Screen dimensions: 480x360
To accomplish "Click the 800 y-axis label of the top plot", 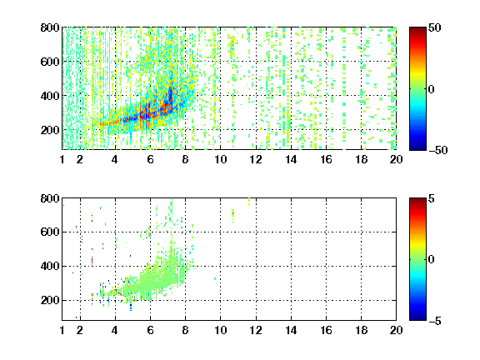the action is tap(50, 27).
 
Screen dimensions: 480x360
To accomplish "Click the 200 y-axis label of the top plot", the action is tap(50, 130).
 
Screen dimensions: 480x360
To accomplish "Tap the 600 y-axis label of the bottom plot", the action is tap(50, 232).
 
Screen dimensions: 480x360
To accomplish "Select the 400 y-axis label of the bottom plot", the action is tap(50, 266).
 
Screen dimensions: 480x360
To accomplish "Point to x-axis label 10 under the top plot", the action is tap(220, 159).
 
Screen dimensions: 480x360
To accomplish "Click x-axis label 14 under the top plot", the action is tap(291, 159).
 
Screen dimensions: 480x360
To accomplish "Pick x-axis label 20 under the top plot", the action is tap(396, 159).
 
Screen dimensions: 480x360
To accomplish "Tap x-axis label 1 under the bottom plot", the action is tap(62, 330).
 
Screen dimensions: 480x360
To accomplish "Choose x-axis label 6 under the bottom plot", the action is tap(150, 330).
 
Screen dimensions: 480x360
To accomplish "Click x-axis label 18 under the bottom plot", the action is tap(361, 330).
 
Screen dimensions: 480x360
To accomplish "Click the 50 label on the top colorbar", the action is tap(434, 27).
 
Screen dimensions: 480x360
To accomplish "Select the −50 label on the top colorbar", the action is tap(437, 150).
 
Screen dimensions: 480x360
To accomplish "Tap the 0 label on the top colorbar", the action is tap(432, 89).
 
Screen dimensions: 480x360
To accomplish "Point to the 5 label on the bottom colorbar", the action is tap(432, 198).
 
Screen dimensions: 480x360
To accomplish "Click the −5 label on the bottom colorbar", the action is tap(435, 321).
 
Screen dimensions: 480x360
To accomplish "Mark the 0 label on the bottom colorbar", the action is tap(432, 260).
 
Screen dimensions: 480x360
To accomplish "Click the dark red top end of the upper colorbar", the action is tap(417, 29).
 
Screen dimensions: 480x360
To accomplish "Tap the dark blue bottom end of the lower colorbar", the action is tap(417, 318).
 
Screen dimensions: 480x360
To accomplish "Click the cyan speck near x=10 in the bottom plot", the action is tap(215, 278).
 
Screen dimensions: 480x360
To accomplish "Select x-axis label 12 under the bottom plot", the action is tap(256, 330).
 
